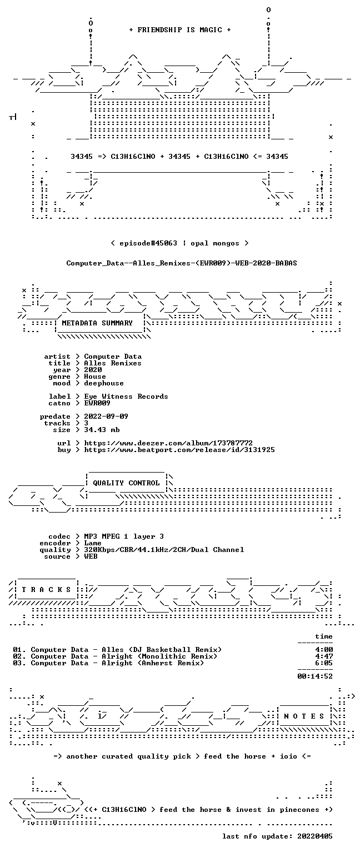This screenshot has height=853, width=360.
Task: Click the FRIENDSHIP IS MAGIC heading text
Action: pyautogui.click(x=180, y=29)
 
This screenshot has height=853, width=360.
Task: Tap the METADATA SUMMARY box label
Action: pyautogui.click(x=97, y=323)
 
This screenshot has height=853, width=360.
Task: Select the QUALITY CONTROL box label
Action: pyautogui.click(x=126, y=483)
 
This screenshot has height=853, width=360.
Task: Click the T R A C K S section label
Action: pyautogui.click(x=47, y=589)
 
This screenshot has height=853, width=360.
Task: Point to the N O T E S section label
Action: pyautogui.click(x=304, y=716)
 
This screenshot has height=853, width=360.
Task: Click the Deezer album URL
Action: pyautogui.click(x=168, y=443)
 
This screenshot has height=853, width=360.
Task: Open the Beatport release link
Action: pyautogui.click(x=179, y=450)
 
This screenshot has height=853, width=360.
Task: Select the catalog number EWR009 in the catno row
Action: pyautogui.click(x=97, y=403)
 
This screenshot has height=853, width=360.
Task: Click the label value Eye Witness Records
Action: pyautogui.click(x=126, y=397)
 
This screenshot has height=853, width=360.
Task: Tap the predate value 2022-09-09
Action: pyautogui.click(x=106, y=417)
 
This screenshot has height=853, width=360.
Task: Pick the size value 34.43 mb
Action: pyautogui.click(x=102, y=430)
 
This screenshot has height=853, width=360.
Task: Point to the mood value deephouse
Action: pyautogui.click(x=104, y=383)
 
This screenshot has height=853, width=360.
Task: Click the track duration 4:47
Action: pyautogui.click(x=324, y=656)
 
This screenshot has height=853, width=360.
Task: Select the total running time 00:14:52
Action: pyautogui.click(x=315, y=676)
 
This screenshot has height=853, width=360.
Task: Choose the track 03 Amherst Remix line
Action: pyautogui.click(x=108, y=663)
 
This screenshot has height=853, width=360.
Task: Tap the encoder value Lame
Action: pyautogui.click(x=93, y=543)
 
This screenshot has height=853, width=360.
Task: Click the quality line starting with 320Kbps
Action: pyautogui.click(x=164, y=550)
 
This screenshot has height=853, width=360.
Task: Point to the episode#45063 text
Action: pyautogui.click(x=148, y=243)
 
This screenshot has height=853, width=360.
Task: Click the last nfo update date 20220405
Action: pyautogui.click(x=315, y=836)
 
